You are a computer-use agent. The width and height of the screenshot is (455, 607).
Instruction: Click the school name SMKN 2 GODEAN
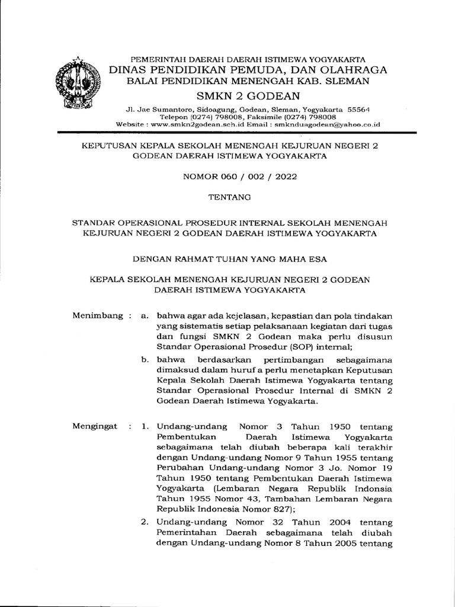click(248, 96)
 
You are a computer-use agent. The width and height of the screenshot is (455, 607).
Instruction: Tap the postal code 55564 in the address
click(358, 110)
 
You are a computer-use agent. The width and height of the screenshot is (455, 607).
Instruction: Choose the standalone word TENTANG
click(228, 196)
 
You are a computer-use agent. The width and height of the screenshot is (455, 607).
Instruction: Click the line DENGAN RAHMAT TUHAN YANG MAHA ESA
click(228, 258)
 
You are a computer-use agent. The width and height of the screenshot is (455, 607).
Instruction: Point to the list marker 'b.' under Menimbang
click(144, 360)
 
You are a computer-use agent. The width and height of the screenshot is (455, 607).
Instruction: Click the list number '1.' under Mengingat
click(143, 427)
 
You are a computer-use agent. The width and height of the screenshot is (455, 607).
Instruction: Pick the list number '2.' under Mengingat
click(143, 522)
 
